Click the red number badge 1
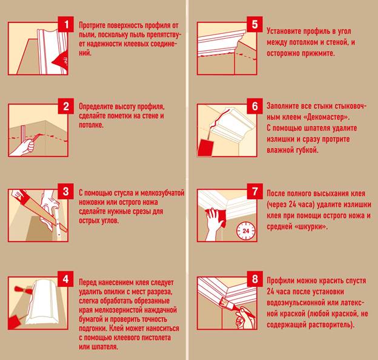pos(66,24)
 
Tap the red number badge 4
pos(66,280)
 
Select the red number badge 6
pos(255,106)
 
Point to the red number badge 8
pos(255,280)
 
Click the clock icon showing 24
pos(246,231)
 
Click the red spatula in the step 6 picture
pos(205,148)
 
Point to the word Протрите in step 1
pos(92,25)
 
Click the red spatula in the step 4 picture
pos(14,322)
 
